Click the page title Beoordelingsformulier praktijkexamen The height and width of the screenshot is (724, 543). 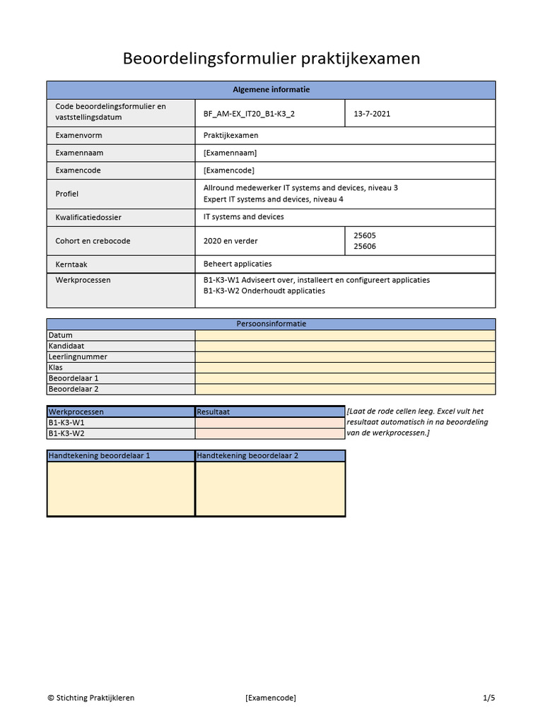pyautogui.click(x=271, y=58)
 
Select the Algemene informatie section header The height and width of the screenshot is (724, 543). pyautogui.click(x=271, y=90)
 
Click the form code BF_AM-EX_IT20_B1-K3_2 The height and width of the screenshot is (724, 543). pyautogui.click(x=249, y=113)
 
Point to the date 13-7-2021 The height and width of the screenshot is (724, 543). pyautogui.click(x=372, y=113)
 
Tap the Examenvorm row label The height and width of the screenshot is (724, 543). pyautogui.click(x=79, y=135)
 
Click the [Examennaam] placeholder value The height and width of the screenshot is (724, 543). pyautogui.click(x=230, y=153)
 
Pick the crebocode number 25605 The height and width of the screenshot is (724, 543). pyautogui.click(x=365, y=235)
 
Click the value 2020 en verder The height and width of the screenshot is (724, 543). pyautogui.click(x=230, y=241)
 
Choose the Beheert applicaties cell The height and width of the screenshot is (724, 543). pyautogui.click(x=238, y=264)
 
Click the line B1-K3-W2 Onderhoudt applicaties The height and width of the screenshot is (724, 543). pyautogui.click(x=264, y=291)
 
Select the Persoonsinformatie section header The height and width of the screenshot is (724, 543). pyautogui.click(x=271, y=324)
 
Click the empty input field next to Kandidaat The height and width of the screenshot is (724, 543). pyautogui.click(x=345, y=346)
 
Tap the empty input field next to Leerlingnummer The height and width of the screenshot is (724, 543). pyautogui.click(x=345, y=357)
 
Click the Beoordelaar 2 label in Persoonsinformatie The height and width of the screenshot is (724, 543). pyautogui.click(x=74, y=389)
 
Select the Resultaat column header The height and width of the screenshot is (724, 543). pyautogui.click(x=214, y=411)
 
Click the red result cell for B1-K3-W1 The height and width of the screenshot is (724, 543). pyautogui.click(x=270, y=423)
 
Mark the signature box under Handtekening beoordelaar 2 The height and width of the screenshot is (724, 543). pyautogui.click(x=270, y=489)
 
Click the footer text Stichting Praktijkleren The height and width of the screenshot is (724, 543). pyautogui.click(x=91, y=698)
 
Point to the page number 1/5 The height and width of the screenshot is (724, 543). pyautogui.click(x=489, y=698)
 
